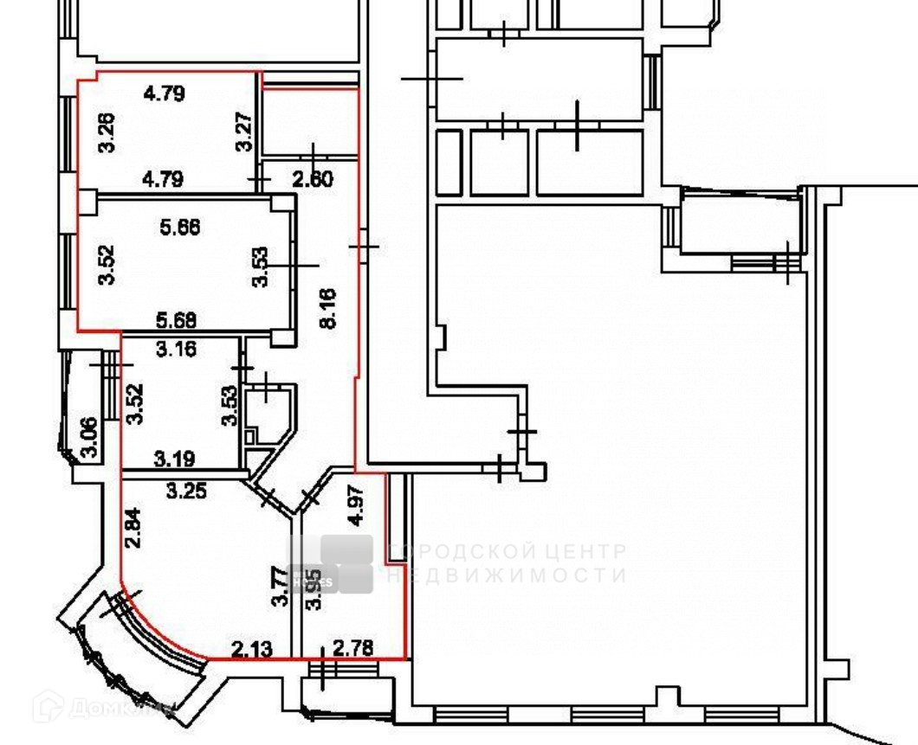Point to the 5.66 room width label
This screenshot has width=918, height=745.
180,227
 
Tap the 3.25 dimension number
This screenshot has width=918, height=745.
185,491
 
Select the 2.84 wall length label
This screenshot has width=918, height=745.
132,530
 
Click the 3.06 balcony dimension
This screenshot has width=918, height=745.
88,438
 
